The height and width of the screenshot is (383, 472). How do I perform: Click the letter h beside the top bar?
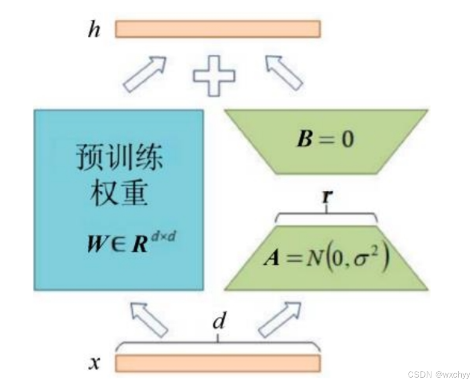click(x=94, y=30)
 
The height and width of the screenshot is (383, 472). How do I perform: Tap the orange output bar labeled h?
click(x=218, y=29)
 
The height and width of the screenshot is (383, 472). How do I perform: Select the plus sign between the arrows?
click(x=214, y=76)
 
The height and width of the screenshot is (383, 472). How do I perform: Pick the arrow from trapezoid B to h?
click(x=284, y=73)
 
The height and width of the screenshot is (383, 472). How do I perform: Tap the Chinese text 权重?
click(x=120, y=194)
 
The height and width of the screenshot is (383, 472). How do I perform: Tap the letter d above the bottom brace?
click(x=219, y=322)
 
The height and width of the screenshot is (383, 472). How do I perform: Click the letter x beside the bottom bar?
click(x=94, y=363)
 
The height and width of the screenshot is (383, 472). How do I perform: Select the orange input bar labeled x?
click(x=218, y=363)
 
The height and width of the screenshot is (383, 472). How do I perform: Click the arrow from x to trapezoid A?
click(x=280, y=319)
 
